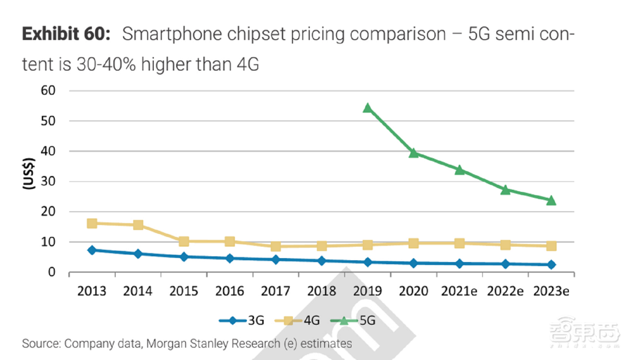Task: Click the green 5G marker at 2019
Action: (367, 108)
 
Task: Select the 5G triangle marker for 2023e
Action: (551, 200)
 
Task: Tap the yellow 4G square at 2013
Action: (92, 223)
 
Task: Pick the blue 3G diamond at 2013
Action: (92, 250)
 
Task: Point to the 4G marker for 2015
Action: (184, 241)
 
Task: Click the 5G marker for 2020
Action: (413, 152)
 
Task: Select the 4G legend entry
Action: (303, 321)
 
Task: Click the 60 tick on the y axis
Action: (48, 90)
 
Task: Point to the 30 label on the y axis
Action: (48, 182)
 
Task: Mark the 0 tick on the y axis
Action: (53, 273)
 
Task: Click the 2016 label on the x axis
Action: (229, 291)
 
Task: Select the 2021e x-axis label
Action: (459, 291)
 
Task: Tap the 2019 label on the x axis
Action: (367, 291)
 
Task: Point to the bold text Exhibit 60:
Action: (66, 34)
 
